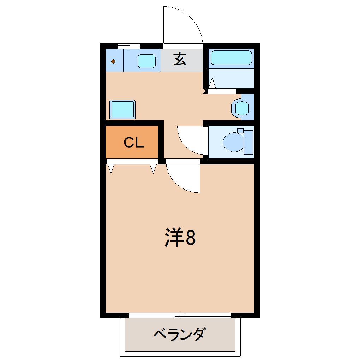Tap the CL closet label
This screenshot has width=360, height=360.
tap(134, 143)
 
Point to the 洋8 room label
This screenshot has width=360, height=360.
tap(180, 238)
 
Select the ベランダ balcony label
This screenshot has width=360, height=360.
tap(179, 334)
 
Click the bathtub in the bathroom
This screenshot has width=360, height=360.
tap(231, 58)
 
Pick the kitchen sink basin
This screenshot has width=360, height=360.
tap(146, 61)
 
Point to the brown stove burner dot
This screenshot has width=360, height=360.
tap(113, 61)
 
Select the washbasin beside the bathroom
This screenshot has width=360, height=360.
tap(242, 108)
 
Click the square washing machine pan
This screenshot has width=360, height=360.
tap(122, 109)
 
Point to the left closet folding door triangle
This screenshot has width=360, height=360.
tap(111, 169)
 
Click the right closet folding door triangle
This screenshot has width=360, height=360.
tap(153, 169)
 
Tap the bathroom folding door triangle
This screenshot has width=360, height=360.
tap(212, 84)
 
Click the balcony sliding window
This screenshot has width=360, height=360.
tap(180, 315)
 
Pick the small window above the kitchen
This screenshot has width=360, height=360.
tap(129, 46)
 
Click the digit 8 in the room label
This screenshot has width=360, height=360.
tap(190, 238)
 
